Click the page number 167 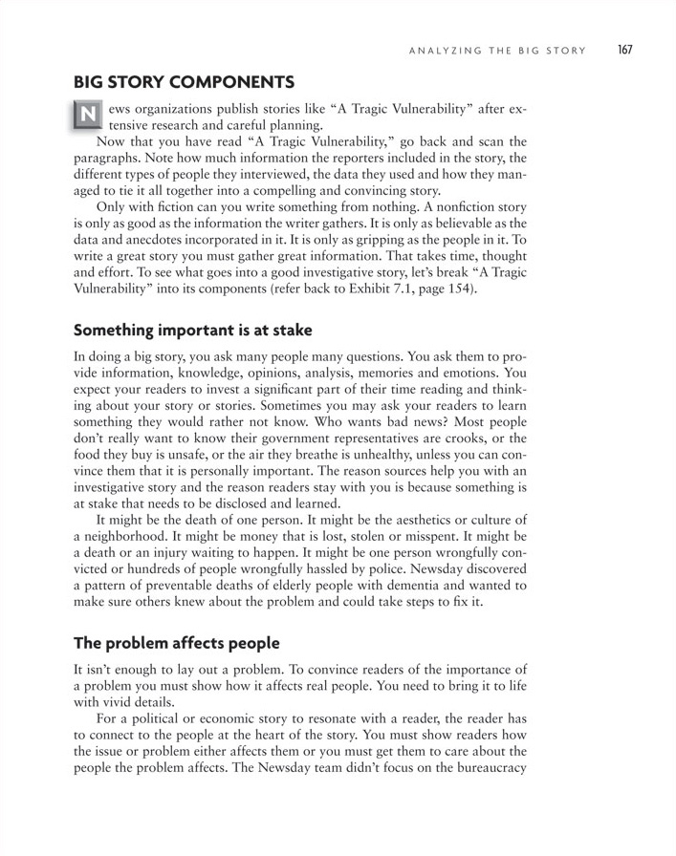tap(626, 50)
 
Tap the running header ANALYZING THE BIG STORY tap(496, 51)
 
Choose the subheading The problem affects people tap(176, 643)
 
